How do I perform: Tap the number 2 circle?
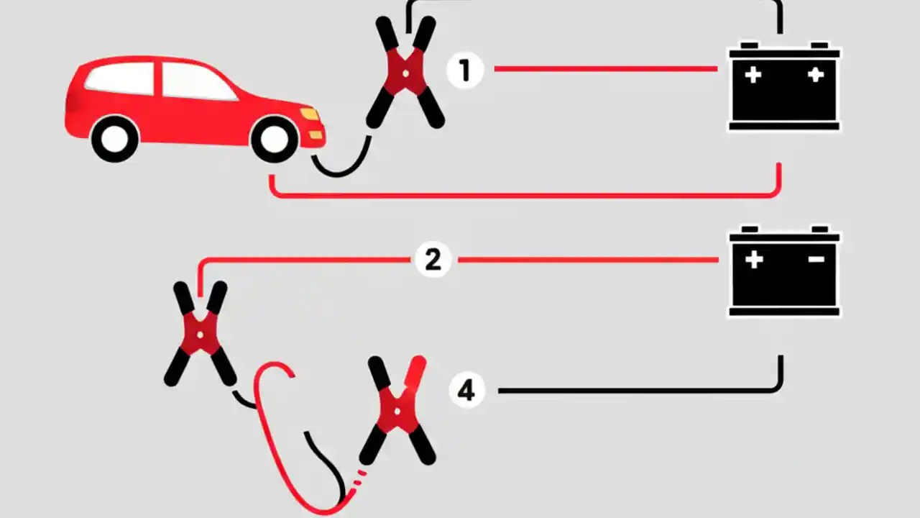433,260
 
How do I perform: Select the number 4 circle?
466,391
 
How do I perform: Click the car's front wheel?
274,138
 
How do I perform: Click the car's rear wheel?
115,139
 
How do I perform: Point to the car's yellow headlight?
310,114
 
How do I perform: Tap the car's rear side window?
121,78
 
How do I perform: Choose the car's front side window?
194,81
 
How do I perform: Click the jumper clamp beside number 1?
405,73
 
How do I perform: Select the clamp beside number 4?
398,409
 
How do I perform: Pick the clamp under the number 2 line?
200,332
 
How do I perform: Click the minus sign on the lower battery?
816,259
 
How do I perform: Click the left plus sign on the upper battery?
753,75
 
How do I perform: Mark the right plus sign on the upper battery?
815,75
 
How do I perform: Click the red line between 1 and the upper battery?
604,69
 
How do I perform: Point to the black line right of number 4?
632,391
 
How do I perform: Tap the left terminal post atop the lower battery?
750,230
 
